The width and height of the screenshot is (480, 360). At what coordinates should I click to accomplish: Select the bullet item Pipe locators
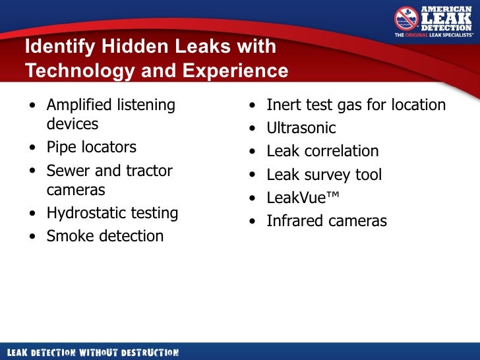click(91, 147)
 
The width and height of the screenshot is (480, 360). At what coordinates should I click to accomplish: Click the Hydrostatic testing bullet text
click(112, 213)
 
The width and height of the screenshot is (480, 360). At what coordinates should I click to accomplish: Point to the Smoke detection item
click(105, 236)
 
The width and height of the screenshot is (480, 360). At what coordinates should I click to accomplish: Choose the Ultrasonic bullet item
click(301, 128)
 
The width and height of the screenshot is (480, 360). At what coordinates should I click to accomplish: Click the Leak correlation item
click(322, 151)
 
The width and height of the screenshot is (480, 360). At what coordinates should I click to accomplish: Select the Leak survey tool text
click(324, 175)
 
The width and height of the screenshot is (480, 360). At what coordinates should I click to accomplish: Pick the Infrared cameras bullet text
click(326, 222)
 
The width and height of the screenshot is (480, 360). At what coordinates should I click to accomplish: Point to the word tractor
click(150, 171)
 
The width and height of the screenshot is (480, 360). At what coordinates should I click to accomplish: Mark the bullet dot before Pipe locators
click(33, 148)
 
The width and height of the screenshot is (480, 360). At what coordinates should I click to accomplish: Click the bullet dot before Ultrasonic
click(253, 129)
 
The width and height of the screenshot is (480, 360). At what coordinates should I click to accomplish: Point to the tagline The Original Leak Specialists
click(434, 35)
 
